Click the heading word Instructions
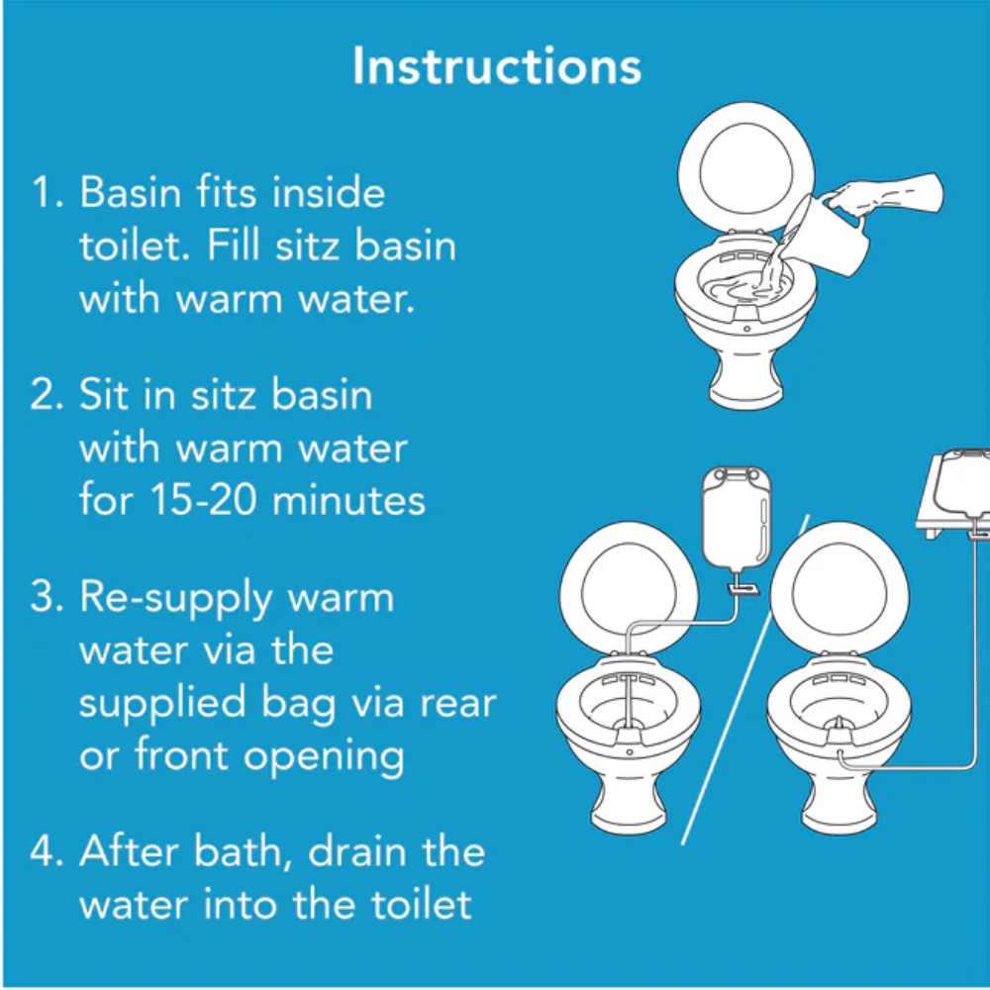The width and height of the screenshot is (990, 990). [x=496, y=66]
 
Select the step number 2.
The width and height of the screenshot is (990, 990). [x=45, y=395]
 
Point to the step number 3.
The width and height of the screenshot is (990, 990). [x=45, y=598]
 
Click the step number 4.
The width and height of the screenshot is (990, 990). [x=46, y=852]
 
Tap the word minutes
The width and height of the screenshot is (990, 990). [x=348, y=500]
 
